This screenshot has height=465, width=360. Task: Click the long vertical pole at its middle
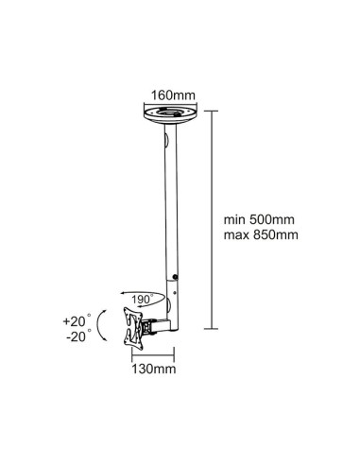[x=171, y=208]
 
